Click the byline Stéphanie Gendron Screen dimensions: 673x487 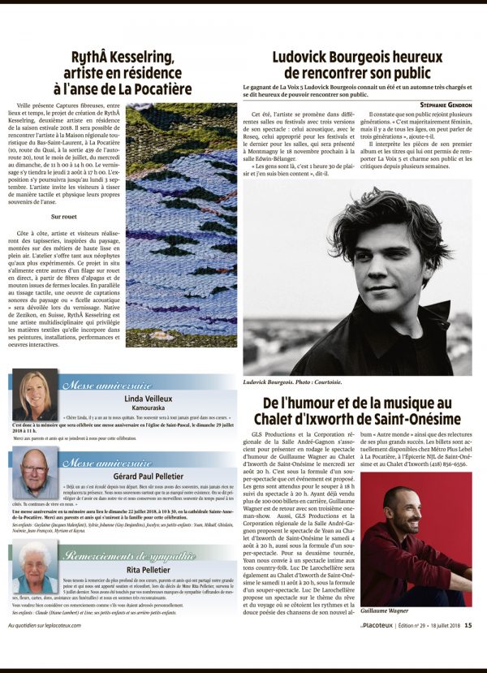(445, 105)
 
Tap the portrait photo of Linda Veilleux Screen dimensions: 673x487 (35, 395)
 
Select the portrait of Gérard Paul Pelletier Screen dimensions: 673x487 (35, 472)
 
